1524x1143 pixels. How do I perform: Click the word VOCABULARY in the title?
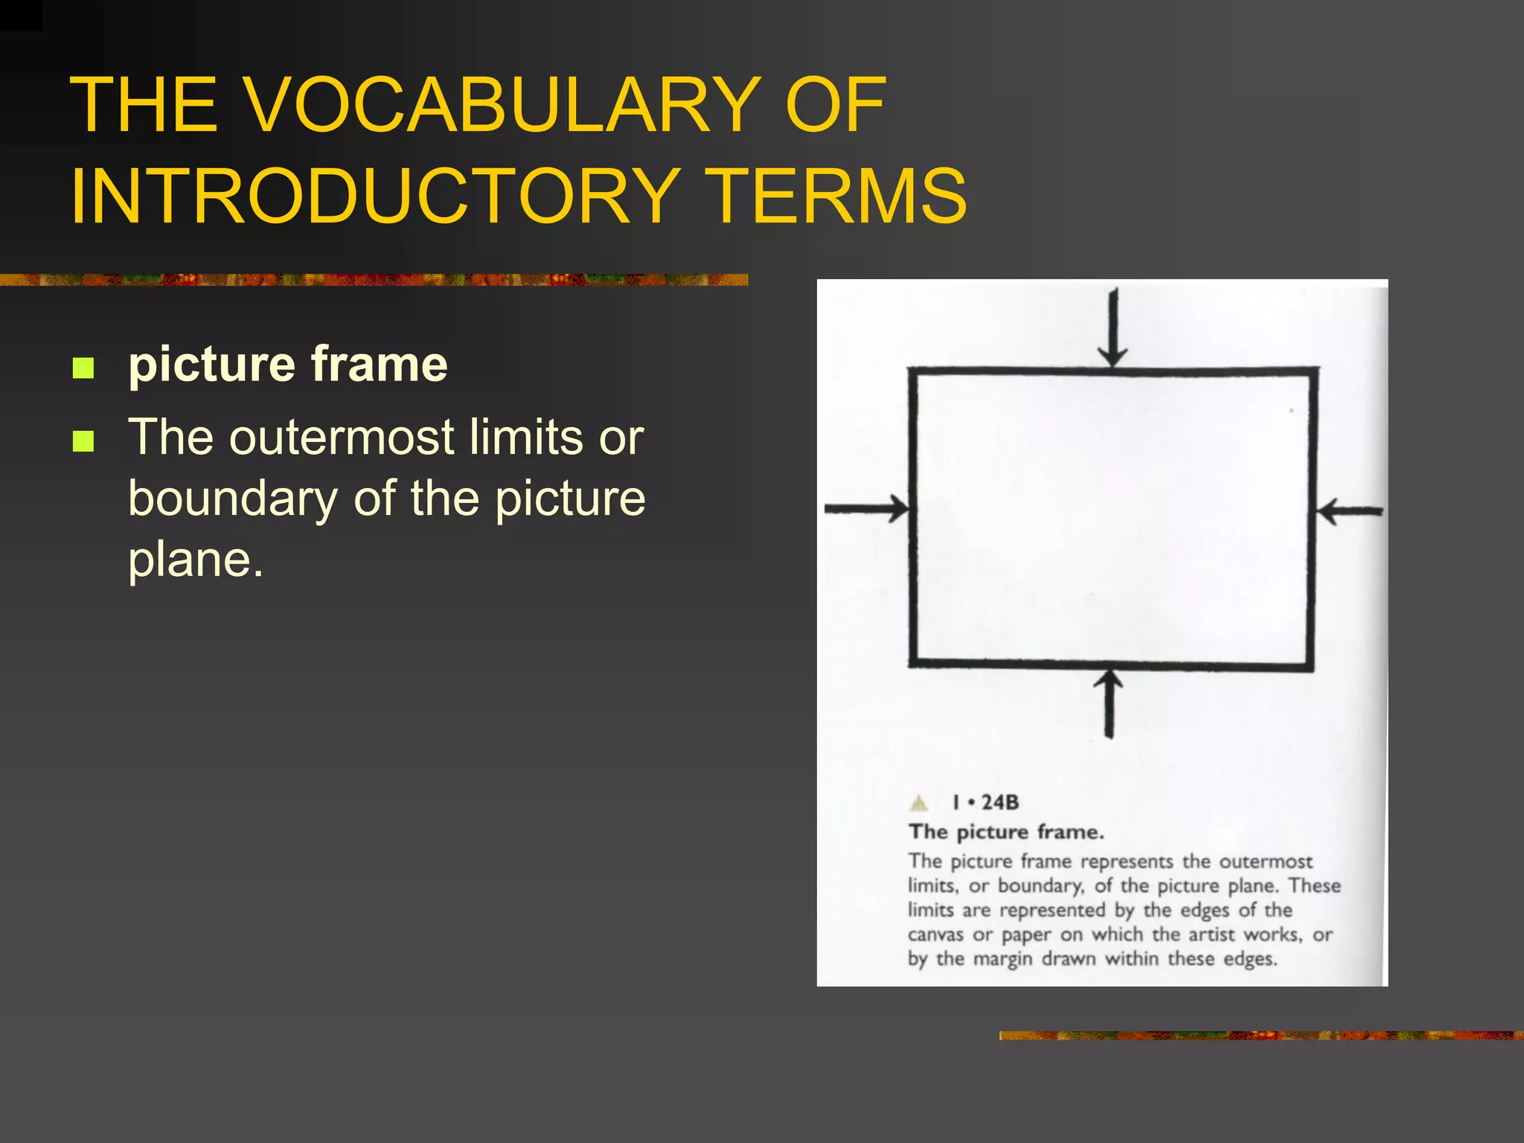[x=502, y=106]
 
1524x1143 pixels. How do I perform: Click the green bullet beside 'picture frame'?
[x=83, y=368]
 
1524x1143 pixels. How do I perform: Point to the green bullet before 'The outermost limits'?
[x=83, y=441]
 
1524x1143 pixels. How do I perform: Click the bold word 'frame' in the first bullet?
[x=380, y=364]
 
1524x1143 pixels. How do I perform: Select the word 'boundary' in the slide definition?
[x=233, y=499]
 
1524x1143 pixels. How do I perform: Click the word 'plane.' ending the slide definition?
[x=196, y=560]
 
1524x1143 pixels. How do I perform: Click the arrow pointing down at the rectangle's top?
[x=1112, y=327]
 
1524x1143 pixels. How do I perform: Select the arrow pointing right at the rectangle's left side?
[x=867, y=509]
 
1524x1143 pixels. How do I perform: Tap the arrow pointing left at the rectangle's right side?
[x=1349, y=512]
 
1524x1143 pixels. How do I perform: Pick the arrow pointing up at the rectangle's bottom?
[x=1110, y=703]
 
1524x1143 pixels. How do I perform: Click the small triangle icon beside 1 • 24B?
[x=920, y=803]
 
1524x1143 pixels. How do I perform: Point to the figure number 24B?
[x=999, y=803]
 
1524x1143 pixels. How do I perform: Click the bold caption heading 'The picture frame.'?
[x=1006, y=832]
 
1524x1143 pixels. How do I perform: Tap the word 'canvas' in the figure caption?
[x=935, y=935]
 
